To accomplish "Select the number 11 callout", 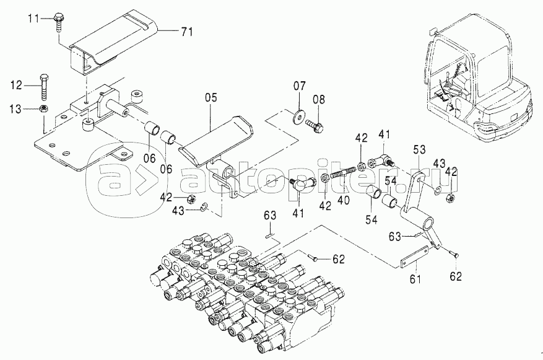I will pos(36,18).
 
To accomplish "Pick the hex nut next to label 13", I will pos(44,108).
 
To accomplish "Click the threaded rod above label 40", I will pos(344,172).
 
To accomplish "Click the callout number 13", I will pos(17,108).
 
